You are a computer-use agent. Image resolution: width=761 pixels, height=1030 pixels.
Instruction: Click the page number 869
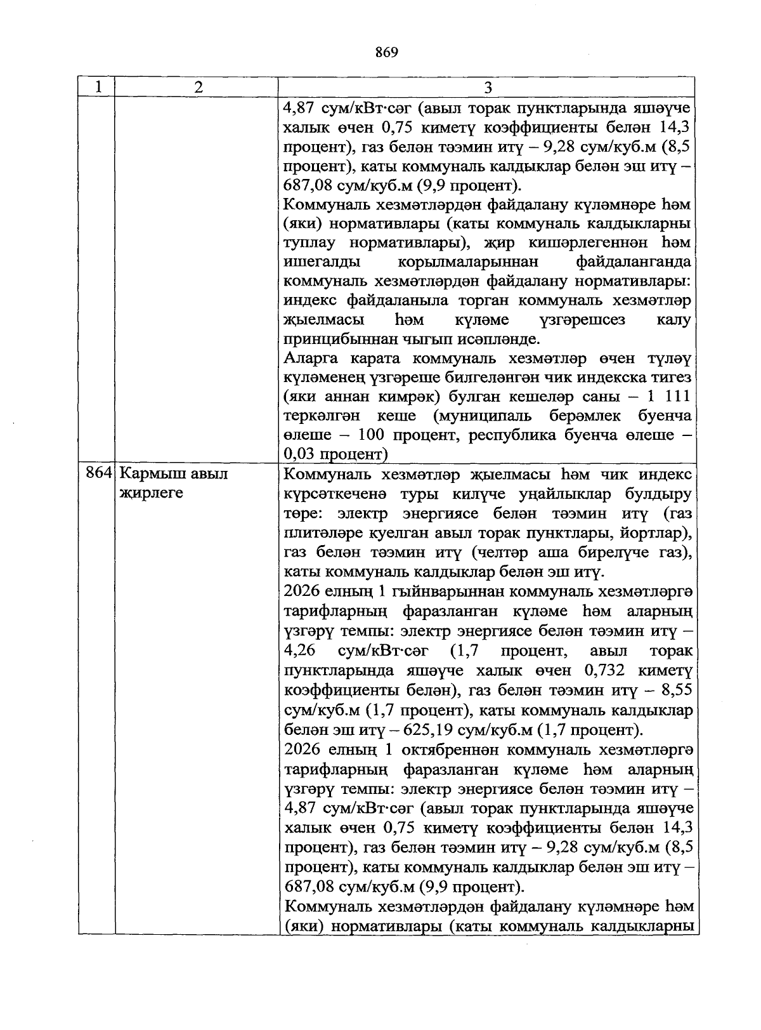click(386, 53)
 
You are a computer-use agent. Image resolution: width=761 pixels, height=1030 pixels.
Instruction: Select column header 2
click(198, 88)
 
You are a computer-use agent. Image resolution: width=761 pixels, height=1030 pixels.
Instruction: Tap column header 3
click(488, 88)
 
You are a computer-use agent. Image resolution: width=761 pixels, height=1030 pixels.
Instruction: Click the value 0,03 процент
click(335, 454)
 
